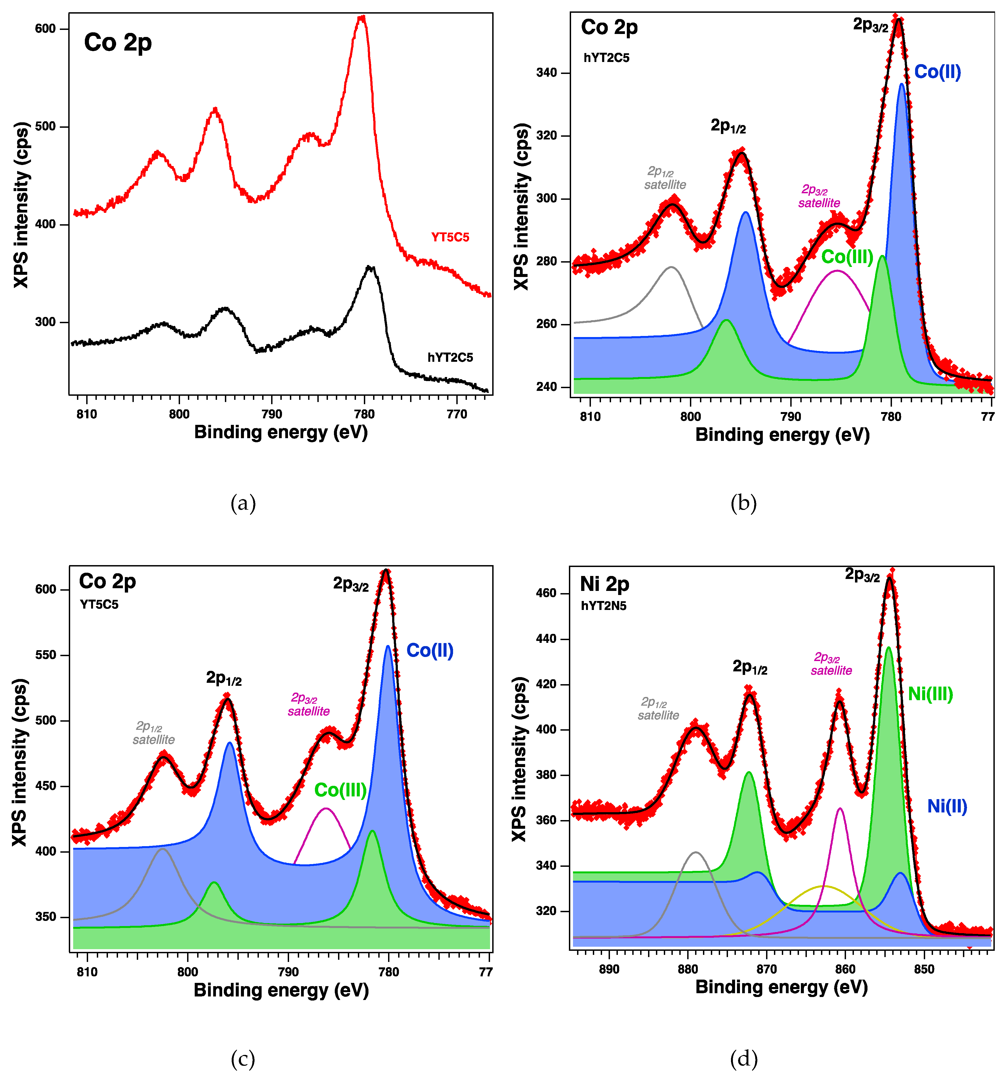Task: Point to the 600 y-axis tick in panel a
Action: point(46,29)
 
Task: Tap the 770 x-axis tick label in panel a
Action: point(456,414)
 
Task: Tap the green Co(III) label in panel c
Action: point(340,790)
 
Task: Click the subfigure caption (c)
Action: point(243,1059)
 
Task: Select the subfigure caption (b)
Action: point(743,503)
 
